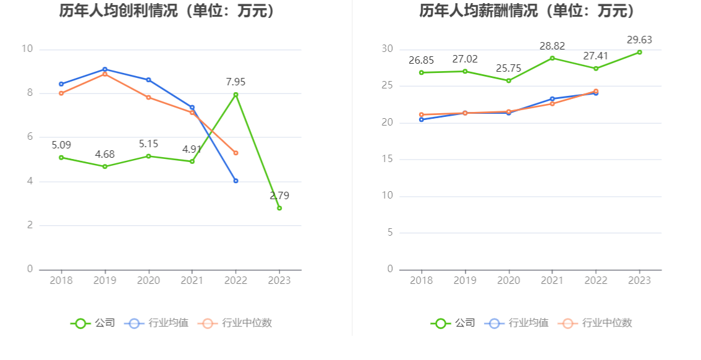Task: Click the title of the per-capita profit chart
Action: pos(168,11)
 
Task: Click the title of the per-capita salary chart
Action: pos(527,11)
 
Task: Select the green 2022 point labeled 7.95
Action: pos(236,95)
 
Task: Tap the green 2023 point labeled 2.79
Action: pos(279,208)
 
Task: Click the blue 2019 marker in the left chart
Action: pos(105,69)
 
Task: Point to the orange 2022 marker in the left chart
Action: pos(236,153)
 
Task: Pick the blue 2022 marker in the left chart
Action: pos(236,181)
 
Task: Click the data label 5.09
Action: pos(61,145)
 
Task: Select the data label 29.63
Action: pos(639,40)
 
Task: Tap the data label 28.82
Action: pos(552,46)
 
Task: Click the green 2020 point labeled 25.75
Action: pos(509,80)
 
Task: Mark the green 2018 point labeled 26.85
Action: pos(422,72)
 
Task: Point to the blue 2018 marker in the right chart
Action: pos(422,119)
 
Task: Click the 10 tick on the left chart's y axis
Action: pos(27,49)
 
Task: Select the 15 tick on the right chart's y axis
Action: pos(388,159)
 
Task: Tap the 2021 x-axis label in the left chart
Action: pos(192,280)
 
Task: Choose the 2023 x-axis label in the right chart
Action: pos(639,280)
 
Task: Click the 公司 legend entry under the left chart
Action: pos(93,323)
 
